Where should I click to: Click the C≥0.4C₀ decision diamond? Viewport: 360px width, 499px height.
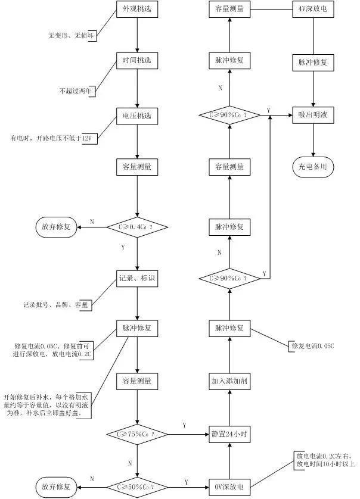(137, 227)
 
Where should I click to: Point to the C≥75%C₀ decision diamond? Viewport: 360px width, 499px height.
(137, 434)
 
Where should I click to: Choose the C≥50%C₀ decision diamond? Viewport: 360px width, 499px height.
(137, 486)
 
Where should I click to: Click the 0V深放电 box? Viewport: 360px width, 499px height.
(229, 486)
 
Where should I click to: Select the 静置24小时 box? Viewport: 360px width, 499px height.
(229, 434)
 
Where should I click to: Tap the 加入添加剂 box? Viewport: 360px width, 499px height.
(229, 381)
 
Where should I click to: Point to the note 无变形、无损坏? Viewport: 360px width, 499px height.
(72, 36)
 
